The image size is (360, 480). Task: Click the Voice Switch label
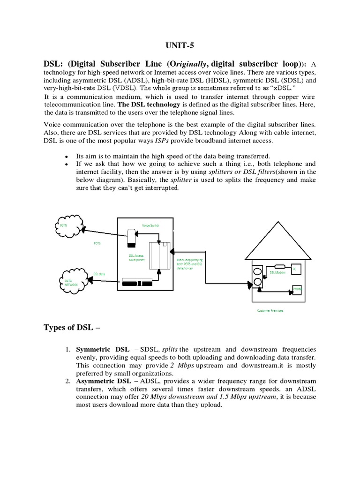coord(150,225)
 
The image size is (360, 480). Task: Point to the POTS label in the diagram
coord(97,244)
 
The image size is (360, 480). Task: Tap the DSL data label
coord(99,274)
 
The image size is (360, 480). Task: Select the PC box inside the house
coord(294,270)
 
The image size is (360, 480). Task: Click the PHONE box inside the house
coord(297,290)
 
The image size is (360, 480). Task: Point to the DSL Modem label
coord(277,272)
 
